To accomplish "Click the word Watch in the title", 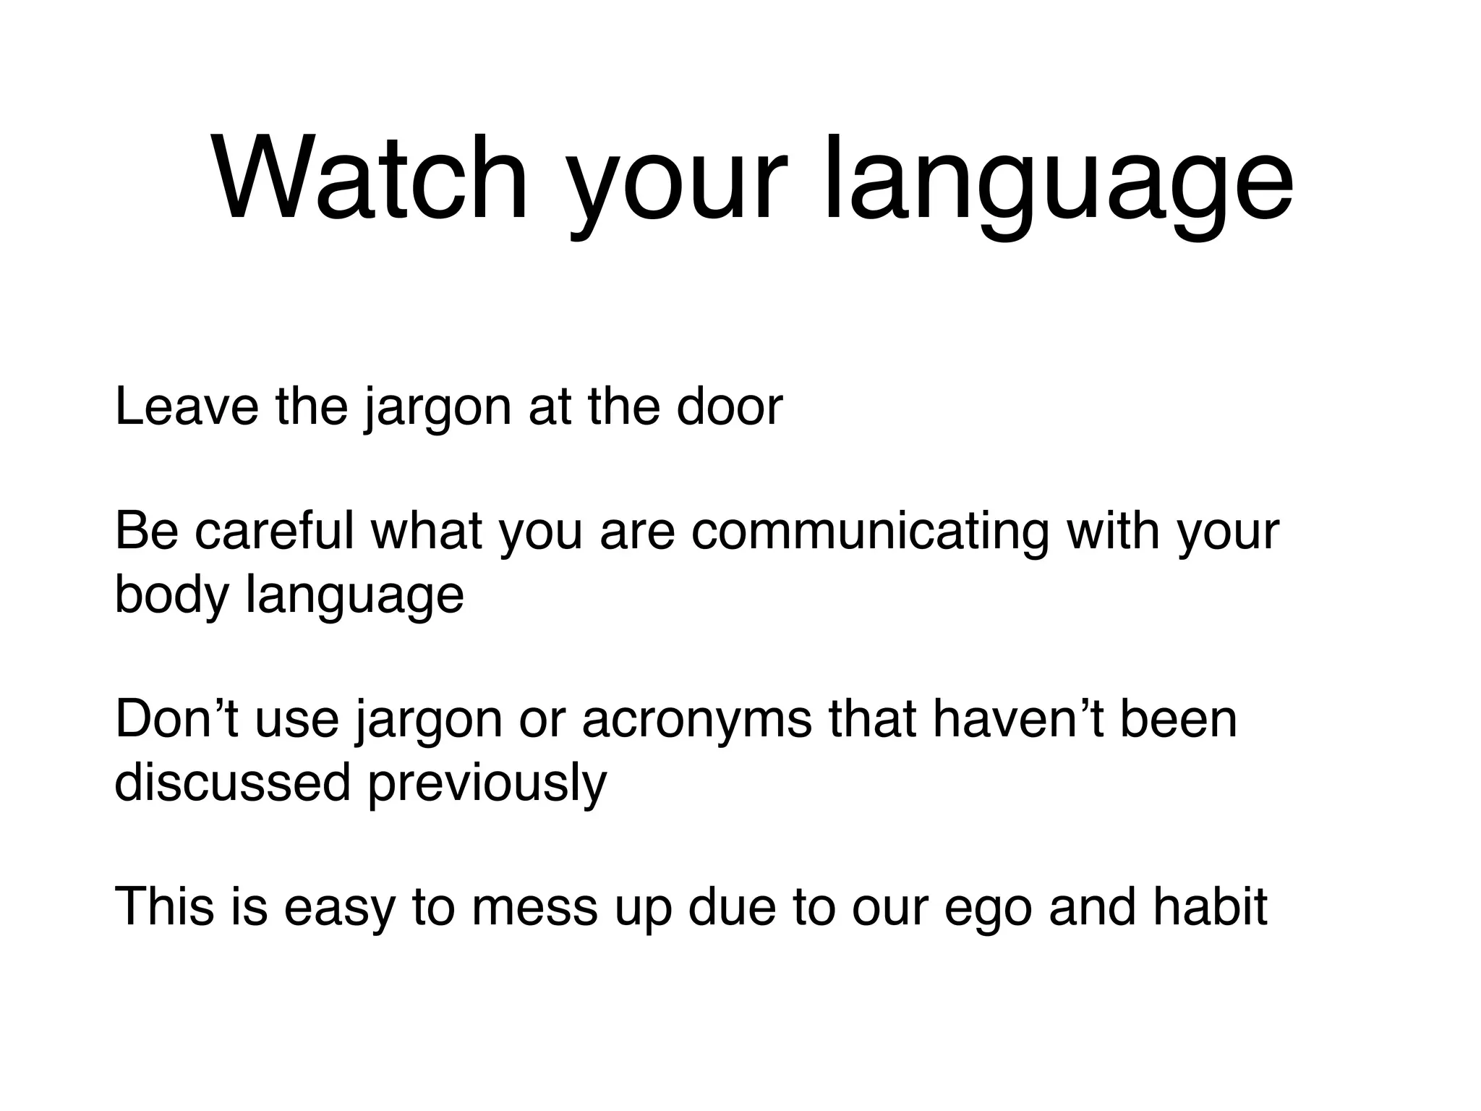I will click(370, 179).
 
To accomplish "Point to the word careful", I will click(274, 532).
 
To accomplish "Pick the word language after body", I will click(355, 597).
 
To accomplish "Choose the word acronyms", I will click(696, 722).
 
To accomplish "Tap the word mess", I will click(534, 908).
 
